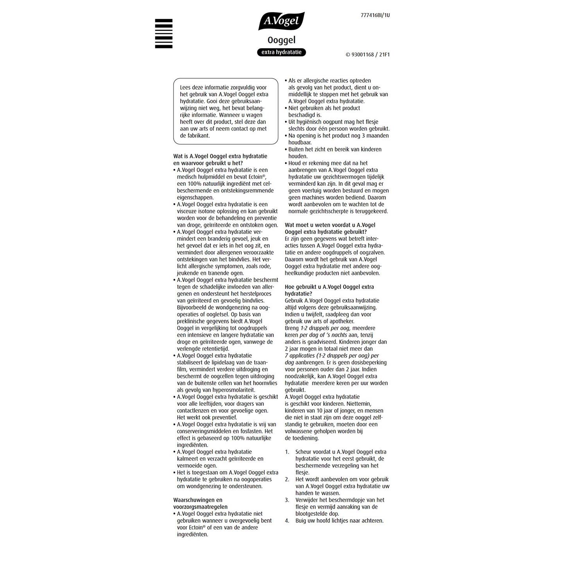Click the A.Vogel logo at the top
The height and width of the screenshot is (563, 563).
[x=281, y=21]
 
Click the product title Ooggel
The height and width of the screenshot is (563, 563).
[x=281, y=40]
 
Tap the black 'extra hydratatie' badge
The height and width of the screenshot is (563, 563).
[x=281, y=52]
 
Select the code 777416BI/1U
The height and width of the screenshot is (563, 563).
[x=375, y=16]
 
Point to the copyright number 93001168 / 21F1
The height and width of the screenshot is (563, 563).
[x=368, y=55]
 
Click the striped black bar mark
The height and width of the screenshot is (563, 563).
[x=163, y=34]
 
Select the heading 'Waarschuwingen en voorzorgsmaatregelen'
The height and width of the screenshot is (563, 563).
[x=201, y=503]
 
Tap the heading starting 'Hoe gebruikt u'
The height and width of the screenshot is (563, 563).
[x=329, y=290]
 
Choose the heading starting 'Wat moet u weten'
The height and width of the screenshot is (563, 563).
[x=330, y=228]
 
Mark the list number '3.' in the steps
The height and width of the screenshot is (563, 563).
[x=287, y=500]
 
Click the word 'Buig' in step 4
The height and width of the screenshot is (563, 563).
[x=301, y=520]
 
